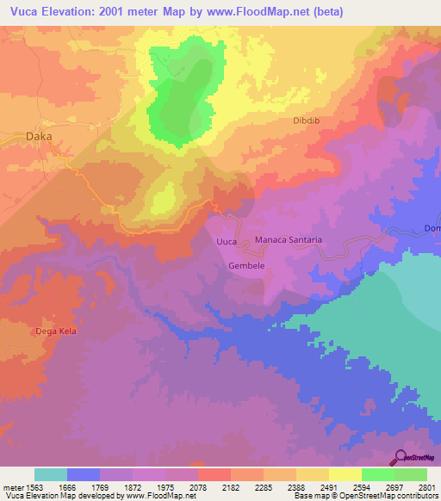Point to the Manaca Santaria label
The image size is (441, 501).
(288, 240)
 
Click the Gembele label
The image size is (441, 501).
(245, 266)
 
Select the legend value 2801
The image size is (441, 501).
(426, 486)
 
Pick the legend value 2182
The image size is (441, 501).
(230, 486)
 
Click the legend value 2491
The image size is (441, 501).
(328, 486)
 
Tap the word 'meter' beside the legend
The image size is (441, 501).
(9, 486)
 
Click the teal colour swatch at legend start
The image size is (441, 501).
(51, 474)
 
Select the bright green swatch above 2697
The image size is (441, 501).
(377, 474)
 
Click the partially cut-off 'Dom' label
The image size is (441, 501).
(432, 228)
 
